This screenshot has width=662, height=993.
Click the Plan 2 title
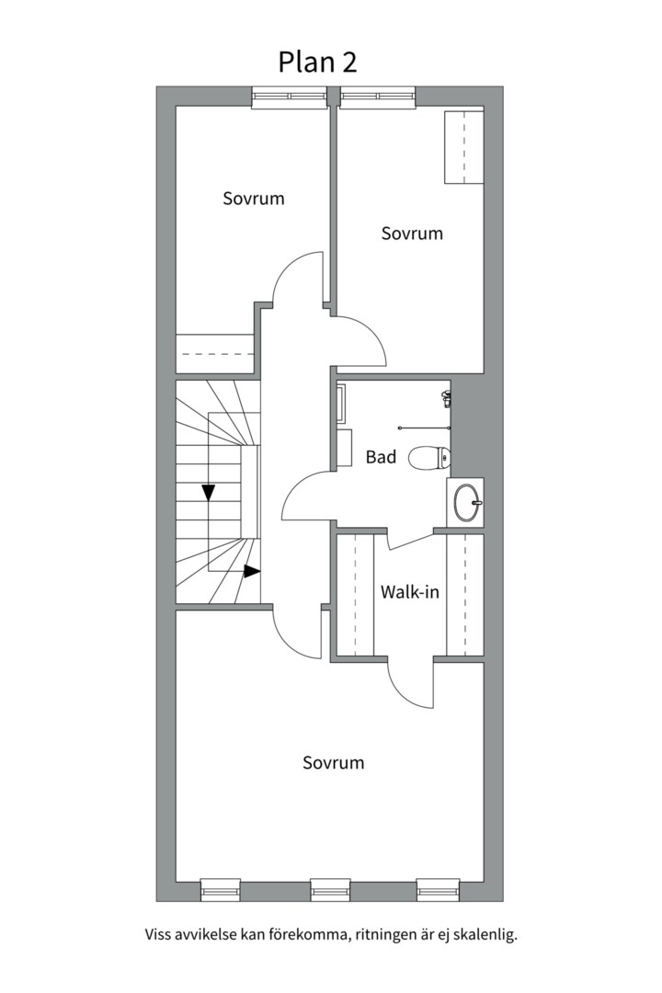(x=317, y=62)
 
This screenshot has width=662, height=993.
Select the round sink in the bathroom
(x=466, y=501)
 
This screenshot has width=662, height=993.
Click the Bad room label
(x=381, y=456)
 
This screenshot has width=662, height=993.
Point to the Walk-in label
(x=409, y=592)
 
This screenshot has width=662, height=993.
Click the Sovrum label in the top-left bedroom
(x=253, y=198)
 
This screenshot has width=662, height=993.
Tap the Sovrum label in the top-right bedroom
(x=412, y=234)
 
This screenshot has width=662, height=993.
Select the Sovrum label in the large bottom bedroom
(x=333, y=762)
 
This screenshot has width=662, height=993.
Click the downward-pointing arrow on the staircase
(x=209, y=492)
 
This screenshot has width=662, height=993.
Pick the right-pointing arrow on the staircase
(x=251, y=571)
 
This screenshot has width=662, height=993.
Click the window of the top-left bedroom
(x=290, y=97)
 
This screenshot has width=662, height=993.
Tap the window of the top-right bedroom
(x=378, y=97)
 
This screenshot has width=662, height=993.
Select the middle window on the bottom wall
(x=330, y=889)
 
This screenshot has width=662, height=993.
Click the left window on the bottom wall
(x=221, y=889)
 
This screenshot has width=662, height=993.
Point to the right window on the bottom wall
(x=438, y=889)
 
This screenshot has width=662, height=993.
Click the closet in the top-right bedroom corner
(x=464, y=147)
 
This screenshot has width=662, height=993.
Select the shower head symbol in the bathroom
(x=446, y=397)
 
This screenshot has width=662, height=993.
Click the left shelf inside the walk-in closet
(x=354, y=593)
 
